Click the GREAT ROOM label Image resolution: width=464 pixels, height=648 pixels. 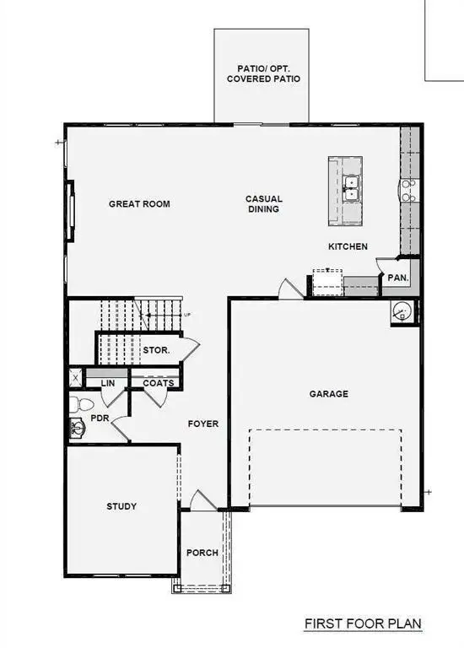coord(139,204)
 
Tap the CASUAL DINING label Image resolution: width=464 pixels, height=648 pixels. coord(263,204)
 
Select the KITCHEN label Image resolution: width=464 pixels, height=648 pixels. coord(348,246)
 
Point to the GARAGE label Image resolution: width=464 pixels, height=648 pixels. coord(328,393)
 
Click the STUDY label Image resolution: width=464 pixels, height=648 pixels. coord(121,506)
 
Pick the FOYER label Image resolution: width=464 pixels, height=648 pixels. coord(203,424)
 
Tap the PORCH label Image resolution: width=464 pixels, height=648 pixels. coord(202,553)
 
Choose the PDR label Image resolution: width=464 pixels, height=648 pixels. coord(100,418)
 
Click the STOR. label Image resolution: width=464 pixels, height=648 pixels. coord(157,349)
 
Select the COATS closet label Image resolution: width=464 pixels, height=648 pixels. coord(158,383)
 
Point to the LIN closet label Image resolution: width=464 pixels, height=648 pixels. coord(107,383)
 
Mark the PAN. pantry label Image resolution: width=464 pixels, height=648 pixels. coord(397,277)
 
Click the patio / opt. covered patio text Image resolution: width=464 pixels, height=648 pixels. coord(263,73)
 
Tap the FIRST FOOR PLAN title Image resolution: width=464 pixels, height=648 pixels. coord(363,624)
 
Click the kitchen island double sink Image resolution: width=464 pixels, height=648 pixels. coord(353,187)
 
